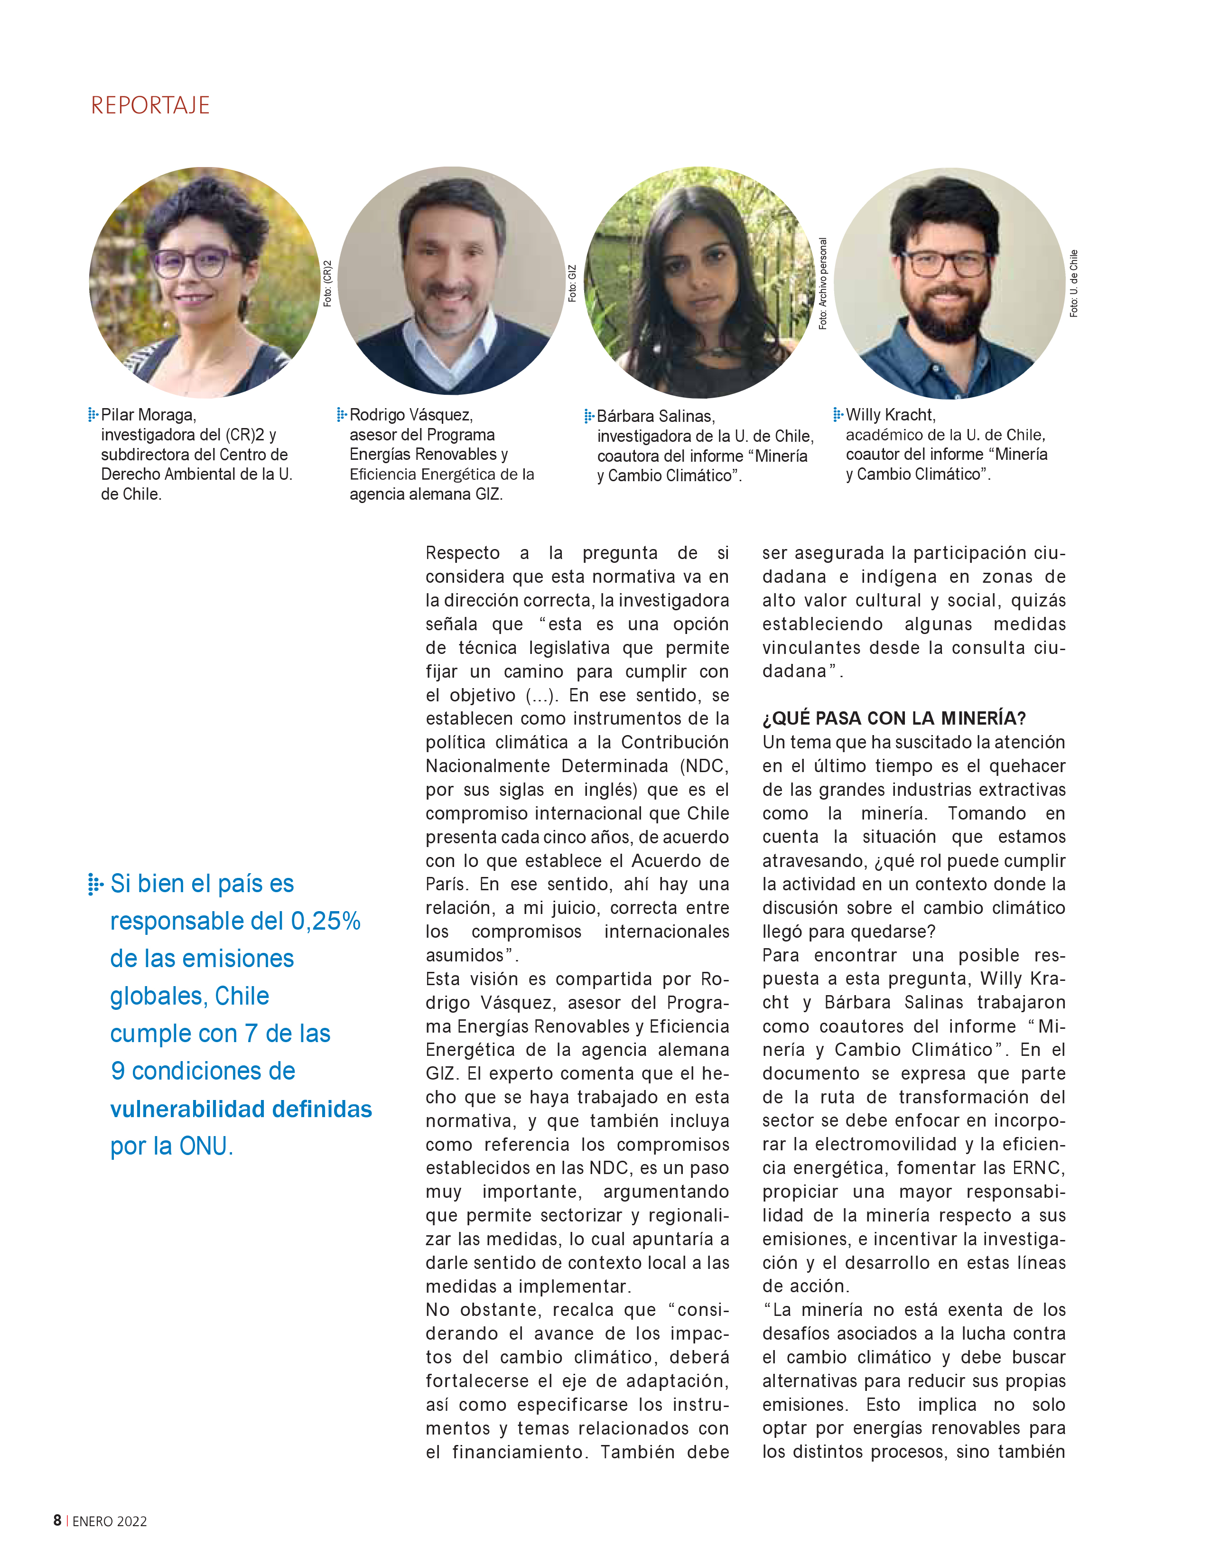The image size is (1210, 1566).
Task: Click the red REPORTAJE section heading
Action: pyautogui.click(x=150, y=105)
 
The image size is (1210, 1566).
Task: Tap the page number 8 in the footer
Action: pyautogui.click(x=57, y=1520)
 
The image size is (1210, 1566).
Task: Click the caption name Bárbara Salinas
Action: pyautogui.click(x=655, y=416)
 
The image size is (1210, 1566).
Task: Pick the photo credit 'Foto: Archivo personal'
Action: pyautogui.click(x=822, y=283)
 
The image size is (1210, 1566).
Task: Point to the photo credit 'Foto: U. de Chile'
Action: pyautogui.click(x=1073, y=283)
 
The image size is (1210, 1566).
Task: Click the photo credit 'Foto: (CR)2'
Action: pyautogui.click(x=327, y=283)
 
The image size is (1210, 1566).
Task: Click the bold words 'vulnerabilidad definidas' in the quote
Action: pyautogui.click(x=241, y=1109)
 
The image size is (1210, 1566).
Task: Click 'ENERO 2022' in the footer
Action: pyautogui.click(x=110, y=1521)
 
